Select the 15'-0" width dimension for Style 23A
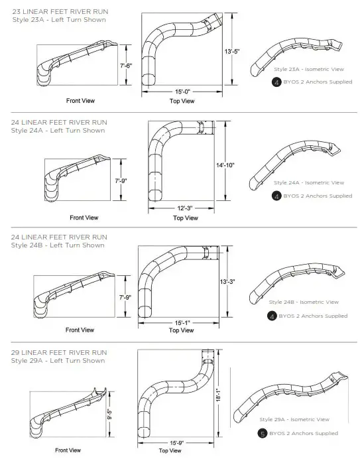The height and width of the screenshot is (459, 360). [x=182, y=91]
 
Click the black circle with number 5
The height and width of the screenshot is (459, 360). [x=263, y=433]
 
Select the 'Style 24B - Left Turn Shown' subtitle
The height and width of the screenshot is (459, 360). [x=58, y=245]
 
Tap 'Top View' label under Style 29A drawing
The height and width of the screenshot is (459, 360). [x=171, y=451]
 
